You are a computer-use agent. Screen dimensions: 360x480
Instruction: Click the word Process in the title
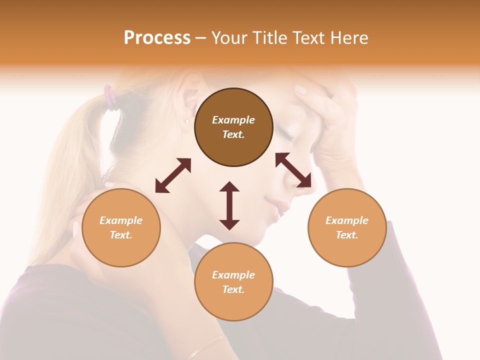coord(157,38)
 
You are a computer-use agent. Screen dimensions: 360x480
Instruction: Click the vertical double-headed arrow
coord(229,205)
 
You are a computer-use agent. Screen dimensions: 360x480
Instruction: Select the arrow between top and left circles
coord(173,175)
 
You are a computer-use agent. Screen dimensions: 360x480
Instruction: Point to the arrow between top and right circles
coord(293,170)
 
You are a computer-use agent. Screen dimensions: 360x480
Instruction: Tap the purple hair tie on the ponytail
coord(110,97)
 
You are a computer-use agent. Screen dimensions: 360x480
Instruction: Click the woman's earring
coord(187,120)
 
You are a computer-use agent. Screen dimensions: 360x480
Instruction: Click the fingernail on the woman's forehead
coord(300,90)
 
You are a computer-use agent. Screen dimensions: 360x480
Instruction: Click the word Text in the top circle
coord(233,134)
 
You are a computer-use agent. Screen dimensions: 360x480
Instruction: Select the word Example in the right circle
coord(347,220)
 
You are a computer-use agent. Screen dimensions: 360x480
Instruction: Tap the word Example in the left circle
coord(121,220)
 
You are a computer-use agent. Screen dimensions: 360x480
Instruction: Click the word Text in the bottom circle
coord(233,289)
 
